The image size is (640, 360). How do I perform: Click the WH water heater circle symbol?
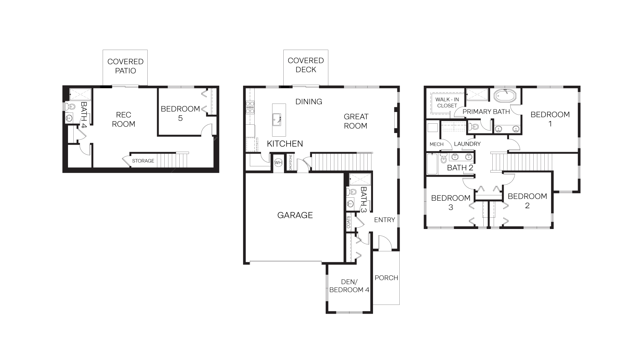pos(278,163)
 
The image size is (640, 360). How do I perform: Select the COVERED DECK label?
pos(306,65)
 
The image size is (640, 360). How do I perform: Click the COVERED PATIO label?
pos(125,66)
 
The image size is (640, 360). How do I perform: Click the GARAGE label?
pos(295,215)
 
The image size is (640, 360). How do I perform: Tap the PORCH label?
pos(386,278)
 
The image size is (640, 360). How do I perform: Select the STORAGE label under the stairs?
pos(143,161)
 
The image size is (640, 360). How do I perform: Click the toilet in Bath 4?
pos(71,107)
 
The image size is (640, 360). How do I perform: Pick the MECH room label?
pos(436,144)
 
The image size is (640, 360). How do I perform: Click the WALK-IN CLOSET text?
pos(447,102)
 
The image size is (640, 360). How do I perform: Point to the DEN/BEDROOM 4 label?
pos(349,286)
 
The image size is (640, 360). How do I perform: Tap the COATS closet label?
pos(349,222)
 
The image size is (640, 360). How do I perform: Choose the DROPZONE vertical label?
pos(291,162)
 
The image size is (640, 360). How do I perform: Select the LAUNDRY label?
pos(467,144)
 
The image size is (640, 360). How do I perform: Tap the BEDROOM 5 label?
pos(180,113)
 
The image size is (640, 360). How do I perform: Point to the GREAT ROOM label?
pos(356,121)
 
